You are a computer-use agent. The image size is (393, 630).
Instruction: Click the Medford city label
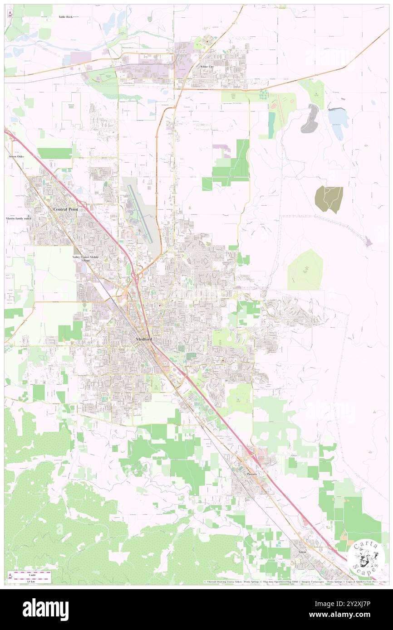[143, 340]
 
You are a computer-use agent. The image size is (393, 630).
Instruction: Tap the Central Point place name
[66, 209]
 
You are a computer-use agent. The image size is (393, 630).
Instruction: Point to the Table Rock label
[65, 17]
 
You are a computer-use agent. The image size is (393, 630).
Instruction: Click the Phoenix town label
[252, 474]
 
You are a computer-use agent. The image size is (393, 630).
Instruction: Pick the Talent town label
[302, 552]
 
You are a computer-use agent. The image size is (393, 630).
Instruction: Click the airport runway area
[141, 213]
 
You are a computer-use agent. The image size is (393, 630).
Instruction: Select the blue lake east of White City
[339, 119]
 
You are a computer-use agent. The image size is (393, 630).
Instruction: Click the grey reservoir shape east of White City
[310, 119]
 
